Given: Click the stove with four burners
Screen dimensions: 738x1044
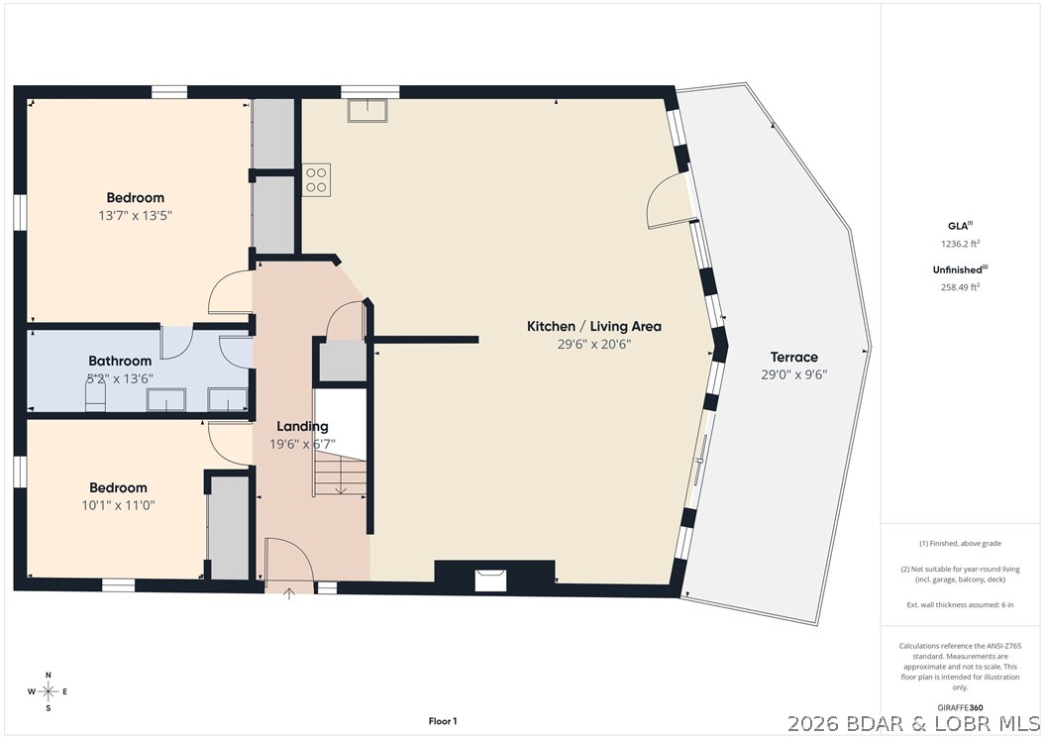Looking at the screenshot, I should pyautogui.click(x=316, y=179).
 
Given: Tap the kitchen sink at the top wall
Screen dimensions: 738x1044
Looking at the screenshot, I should pyautogui.click(x=367, y=109).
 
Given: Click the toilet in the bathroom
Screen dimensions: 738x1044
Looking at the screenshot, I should pyautogui.click(x=95, y=397).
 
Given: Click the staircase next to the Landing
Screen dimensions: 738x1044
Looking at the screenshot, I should pyautogui.click(x=341, y=443).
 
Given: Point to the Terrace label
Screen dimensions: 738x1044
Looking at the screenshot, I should pyautogui.click(x=794, y=357).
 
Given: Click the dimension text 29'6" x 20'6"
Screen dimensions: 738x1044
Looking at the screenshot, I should pyautogui.click(x=593, y=344).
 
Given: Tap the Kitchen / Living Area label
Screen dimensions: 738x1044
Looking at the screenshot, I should pyautogui.click(x=593, y=326).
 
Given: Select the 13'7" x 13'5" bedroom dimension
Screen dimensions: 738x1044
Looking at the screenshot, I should pyautogui.click(x=136, y=215).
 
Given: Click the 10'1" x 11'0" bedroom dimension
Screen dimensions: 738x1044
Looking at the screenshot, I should pyautogui.click(x=118, y=504).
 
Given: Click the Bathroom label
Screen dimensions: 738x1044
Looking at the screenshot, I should pyautogui.click(x=120, y=361).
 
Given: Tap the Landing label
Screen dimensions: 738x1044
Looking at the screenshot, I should pyautogui.click(x=302, y=426).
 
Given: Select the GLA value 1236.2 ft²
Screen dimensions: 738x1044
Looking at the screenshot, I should pyautogui.click(x=958, y=243).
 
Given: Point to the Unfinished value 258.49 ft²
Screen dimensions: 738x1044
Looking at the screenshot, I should pyautogui.click(x=958, y=287).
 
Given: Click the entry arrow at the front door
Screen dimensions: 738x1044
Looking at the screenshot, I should pyautogui.click(x=289, y=593).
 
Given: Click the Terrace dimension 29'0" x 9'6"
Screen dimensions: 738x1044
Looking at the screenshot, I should pyautogui.click(x=794, y=374).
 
